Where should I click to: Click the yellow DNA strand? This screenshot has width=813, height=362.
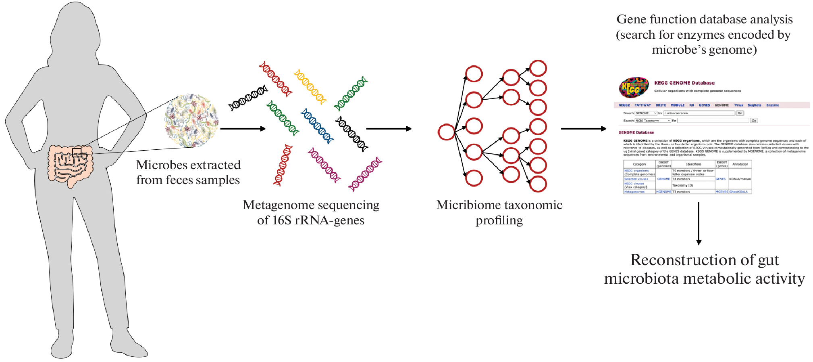point(310,87)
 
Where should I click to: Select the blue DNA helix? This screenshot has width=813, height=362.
point(317,126)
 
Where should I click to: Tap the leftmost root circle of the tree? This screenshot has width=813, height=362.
point(446,132)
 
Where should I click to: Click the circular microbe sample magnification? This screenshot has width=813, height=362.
point(191,121)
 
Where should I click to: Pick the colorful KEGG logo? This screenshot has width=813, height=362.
point(634,88)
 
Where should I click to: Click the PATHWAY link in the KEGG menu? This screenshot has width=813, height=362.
point(642,105)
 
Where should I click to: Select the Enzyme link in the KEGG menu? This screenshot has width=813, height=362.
point(772,105)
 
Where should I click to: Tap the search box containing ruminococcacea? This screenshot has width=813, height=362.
point(699,113)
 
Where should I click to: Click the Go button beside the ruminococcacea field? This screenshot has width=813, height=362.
point(740,113)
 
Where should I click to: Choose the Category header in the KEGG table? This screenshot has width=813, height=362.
point(639,164)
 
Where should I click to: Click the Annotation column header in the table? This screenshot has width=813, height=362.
point(740,164)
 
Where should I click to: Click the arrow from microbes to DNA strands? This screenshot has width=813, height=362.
point(243,129)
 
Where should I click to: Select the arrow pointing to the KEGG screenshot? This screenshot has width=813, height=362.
point(584,129)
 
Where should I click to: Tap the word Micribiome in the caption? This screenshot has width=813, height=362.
point(464,205)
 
